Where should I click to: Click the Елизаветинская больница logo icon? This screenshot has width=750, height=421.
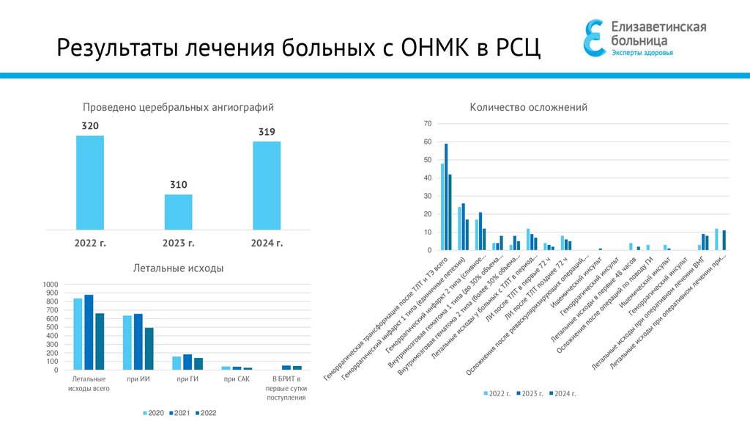[595, 38]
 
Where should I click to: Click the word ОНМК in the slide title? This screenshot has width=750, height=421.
[436, 49]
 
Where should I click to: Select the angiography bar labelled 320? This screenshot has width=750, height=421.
[90, 182]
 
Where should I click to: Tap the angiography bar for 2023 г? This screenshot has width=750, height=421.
[178, 211]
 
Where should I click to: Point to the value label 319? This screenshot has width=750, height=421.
[267, 132]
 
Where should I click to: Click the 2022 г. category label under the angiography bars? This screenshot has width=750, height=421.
[90, 243]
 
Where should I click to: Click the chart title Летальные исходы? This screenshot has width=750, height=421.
[178, 268]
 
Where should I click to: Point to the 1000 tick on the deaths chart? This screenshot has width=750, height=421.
[49, 285]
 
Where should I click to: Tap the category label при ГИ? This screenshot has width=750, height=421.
[187, 378]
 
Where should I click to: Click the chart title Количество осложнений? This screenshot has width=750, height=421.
[528, 108]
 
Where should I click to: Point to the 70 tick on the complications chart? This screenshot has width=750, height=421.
[427, 123]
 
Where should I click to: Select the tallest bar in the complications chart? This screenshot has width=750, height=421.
[446, 197]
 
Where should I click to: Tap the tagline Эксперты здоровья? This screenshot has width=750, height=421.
[642, 53]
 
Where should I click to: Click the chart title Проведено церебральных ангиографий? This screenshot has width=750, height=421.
[178, 107]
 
